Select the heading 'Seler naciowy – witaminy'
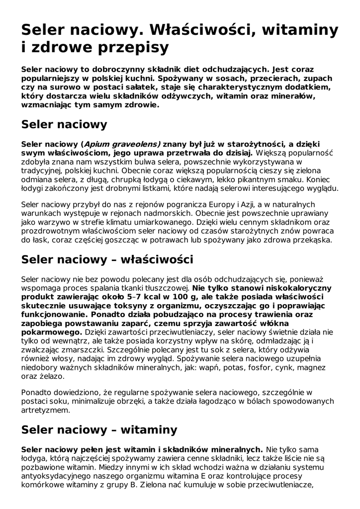point(99,429)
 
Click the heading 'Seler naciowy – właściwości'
point(107,259)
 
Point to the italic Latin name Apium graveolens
point(121,144)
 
